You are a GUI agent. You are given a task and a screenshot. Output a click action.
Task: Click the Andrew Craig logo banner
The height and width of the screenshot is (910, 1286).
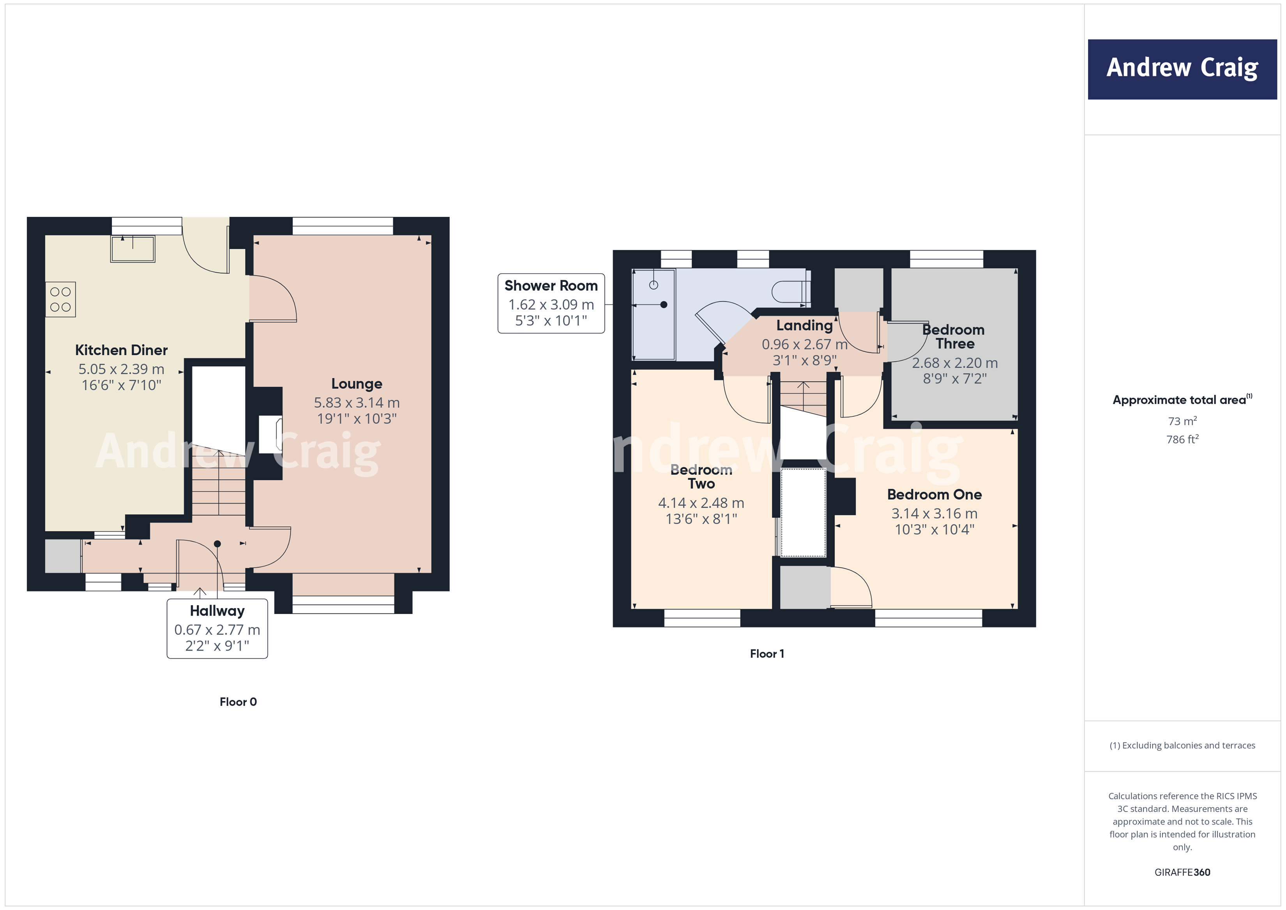[x=1182, y=69]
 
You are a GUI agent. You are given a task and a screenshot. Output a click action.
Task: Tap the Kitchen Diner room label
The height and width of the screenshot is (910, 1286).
[x=122, y=350]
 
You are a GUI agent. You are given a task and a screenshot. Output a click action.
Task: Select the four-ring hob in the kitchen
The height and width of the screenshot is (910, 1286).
[x=60, y=299]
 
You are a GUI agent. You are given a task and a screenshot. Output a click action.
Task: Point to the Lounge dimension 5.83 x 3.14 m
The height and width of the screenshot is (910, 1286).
[x=357, y=403]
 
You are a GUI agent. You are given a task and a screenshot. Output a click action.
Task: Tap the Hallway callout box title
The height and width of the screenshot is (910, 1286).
[x=217, y=611]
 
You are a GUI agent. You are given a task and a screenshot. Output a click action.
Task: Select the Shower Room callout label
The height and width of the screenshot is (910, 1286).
[x=551, y=286]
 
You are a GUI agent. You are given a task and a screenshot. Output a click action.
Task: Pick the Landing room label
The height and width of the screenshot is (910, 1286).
[x=804, y=326]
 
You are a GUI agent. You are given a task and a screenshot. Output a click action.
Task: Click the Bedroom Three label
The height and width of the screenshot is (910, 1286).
[x=954, y=337]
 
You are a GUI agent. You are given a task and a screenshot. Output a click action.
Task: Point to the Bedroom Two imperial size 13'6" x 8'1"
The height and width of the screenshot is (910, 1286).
[x=701, y=519]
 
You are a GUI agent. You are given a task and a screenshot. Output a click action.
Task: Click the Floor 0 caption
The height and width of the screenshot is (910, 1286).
[x=238, y=702]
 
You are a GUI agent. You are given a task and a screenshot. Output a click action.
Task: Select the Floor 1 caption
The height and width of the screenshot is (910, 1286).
[x=767, y=654]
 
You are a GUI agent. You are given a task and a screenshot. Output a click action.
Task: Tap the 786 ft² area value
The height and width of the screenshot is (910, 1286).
[x=1182, y=440]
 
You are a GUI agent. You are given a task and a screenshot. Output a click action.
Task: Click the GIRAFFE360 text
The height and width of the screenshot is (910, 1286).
[x=1182, y=873]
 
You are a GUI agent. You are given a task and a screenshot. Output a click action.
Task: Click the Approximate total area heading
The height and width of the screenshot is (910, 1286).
[x=1181, y=400]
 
